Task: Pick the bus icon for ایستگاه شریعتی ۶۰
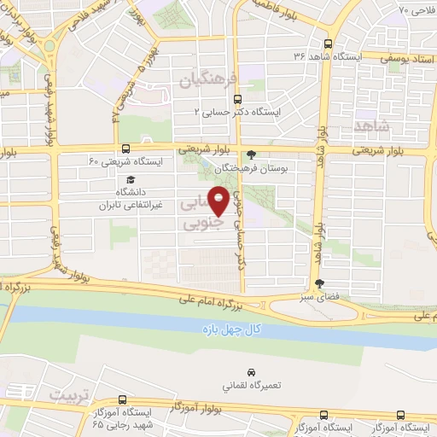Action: pos(126,149)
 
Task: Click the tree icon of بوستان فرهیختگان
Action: pos(250,154)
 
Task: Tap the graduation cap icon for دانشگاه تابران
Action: pos(131,179)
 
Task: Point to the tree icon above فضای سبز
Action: pos(320,283)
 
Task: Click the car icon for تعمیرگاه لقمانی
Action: pos(252,373)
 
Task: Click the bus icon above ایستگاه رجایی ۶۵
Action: pos(123,399)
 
